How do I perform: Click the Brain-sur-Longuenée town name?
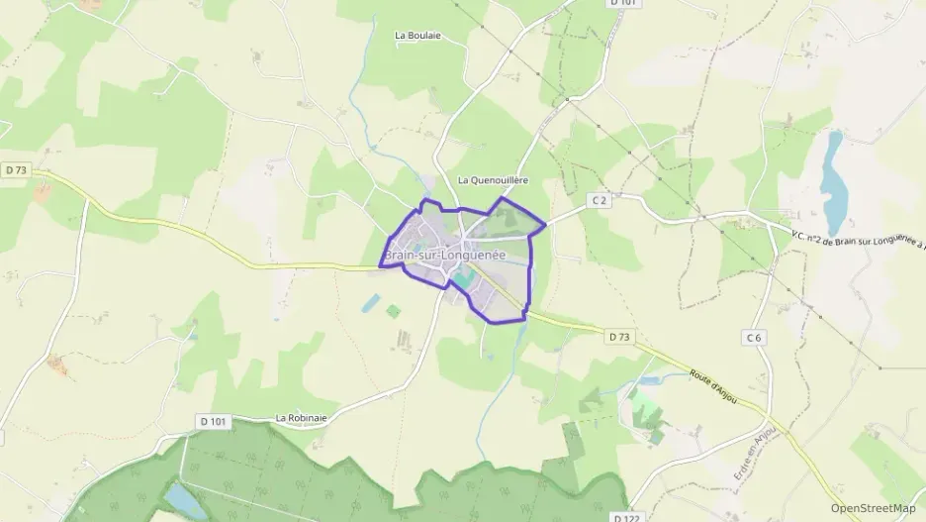pyautogui.click(x=444, y=256)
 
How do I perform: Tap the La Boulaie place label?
pyautogui.click(x=417, y=36)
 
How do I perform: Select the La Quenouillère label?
pyautogui.click(x=493, y=180)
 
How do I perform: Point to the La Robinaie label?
pyautogui.click(x=302, y=418)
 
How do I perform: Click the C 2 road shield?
pyautogui.click(x=599, y=200)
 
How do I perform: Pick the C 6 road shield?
pyautogui.click(x=754, y=338)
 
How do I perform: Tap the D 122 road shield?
pyautogui.click(x=624, y=517)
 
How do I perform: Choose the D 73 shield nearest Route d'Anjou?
pyautogui.click(x=619, y=337)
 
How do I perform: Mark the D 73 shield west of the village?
pyautogui.click(x=15, y=170)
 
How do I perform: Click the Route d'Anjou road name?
pyautogui.click(x=710, y=386)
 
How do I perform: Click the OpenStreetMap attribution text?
pyautogui.click(x=873, y=508)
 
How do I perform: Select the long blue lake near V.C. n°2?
pyautogui.click(x=833, y=183)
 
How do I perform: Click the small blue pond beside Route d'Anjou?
pyautogui.click(x=652, y=379)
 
